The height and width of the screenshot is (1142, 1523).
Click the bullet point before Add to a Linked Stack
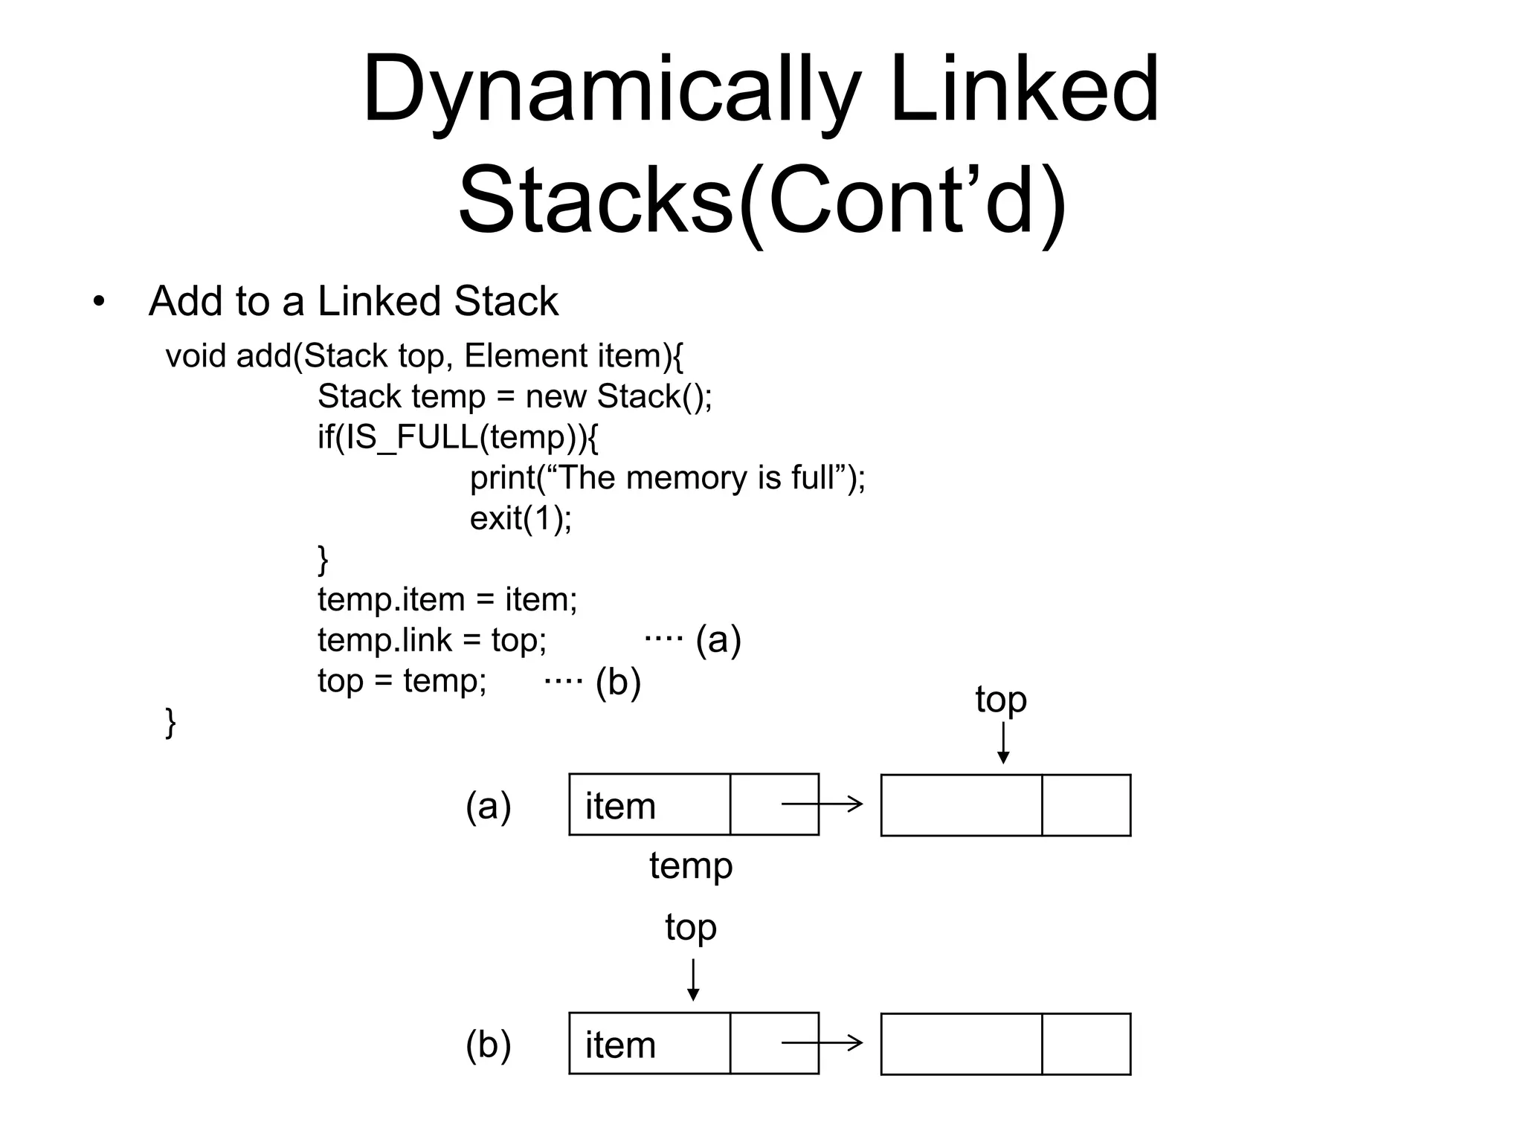pyautogui.click(x=99, y=303)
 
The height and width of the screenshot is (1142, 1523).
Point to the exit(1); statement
pyautogui.click(x=521, y=518)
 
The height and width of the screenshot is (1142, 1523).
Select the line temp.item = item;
pyautogui.click(x=447, y=599)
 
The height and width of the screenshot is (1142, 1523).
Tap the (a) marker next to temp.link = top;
pyautogui.click(x=718, y=640)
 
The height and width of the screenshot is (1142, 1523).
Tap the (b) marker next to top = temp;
pyautogui.click(x=618, y=682)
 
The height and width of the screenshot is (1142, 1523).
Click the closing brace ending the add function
pyautogui.click(x=170, y=722)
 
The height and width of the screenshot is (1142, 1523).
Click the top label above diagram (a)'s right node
pyautogui.click(x=1001, y=700)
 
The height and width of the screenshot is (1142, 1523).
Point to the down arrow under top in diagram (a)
pyautogui.click(x=1003, y=743)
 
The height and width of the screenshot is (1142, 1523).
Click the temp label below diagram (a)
pyautogui.click(x=691, y=866)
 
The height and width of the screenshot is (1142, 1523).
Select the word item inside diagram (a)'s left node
pyautogui.click(x=620, y=807)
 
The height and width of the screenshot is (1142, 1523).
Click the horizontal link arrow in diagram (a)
pyautogui.click(x=822, y=804)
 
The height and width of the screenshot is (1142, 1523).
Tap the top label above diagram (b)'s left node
pyautogui.click(x=691, y=927)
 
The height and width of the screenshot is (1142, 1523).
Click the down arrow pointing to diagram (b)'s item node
pyautogui.click(x=693, y=980)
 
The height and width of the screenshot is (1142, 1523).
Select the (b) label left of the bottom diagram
pyautogui.click(x=489, y=1044)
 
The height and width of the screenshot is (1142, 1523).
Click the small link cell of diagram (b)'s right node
pyautogui.click(x=1086, y=1044)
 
